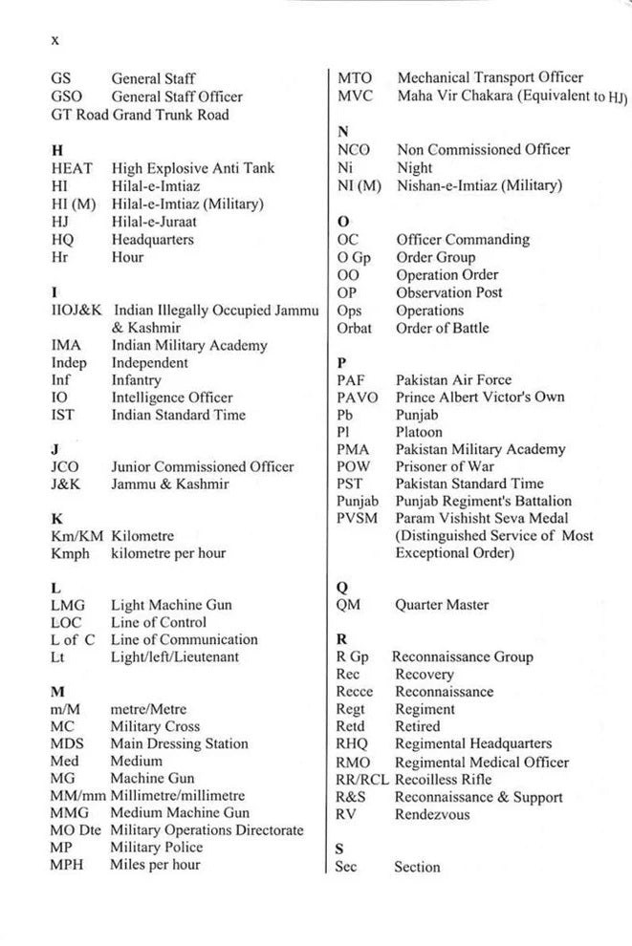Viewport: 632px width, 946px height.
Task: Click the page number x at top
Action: [55, 40]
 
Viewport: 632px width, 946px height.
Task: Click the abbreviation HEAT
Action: [72, 168]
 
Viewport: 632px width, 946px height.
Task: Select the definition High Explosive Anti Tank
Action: [193, 168]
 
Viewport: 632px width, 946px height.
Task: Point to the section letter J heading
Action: [54, 448]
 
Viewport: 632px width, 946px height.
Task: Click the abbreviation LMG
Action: [70, 605]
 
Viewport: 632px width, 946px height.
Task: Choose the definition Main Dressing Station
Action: [180, 743]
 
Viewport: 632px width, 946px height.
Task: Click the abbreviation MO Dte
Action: [77, 830]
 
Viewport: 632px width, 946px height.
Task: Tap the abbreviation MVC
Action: [355, 96]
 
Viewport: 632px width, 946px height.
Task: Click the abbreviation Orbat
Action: [355, 328]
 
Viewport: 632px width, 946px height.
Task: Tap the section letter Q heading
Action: [342, 587]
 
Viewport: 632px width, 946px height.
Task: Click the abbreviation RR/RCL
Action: [362, 780]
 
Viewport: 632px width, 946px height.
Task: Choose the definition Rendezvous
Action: [432, 814]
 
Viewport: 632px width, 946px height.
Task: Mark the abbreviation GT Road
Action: [79, 115]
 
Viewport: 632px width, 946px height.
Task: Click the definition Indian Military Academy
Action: [189, 345]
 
